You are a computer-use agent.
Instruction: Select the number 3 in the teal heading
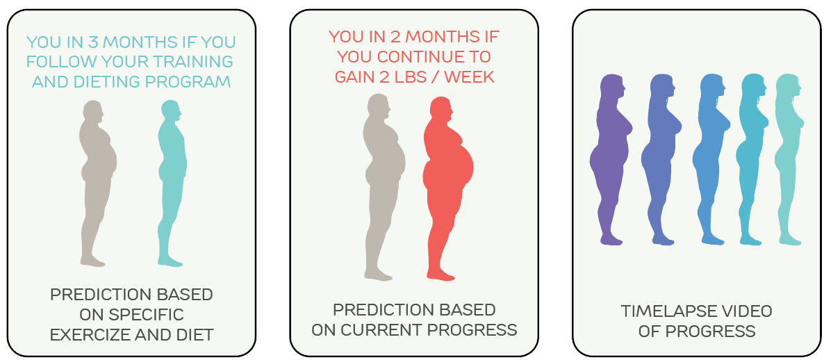click(93, 42)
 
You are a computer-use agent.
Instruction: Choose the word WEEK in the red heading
click(469, 77)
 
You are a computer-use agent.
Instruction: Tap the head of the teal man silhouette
click(171, 111)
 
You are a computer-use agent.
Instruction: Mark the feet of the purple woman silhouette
click(611, 239)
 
